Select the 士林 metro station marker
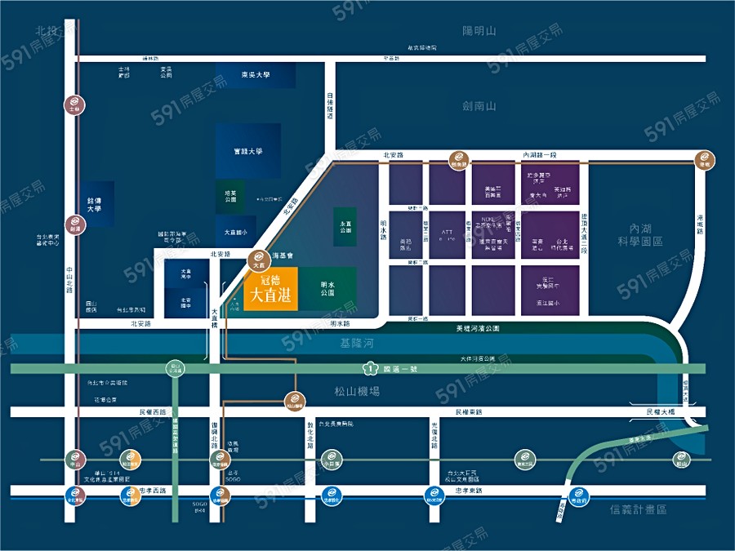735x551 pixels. tap(74, 106)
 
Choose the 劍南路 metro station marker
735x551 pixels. tap(454, 160)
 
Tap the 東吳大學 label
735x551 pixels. tap(255, 74)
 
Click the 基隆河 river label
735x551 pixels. tap(358, 344)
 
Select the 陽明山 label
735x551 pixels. tap(479, 31)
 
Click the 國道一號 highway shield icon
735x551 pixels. tap(370, 368)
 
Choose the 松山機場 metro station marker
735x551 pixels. tap(296, 401)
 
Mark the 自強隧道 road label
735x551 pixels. tap(330, 106)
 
